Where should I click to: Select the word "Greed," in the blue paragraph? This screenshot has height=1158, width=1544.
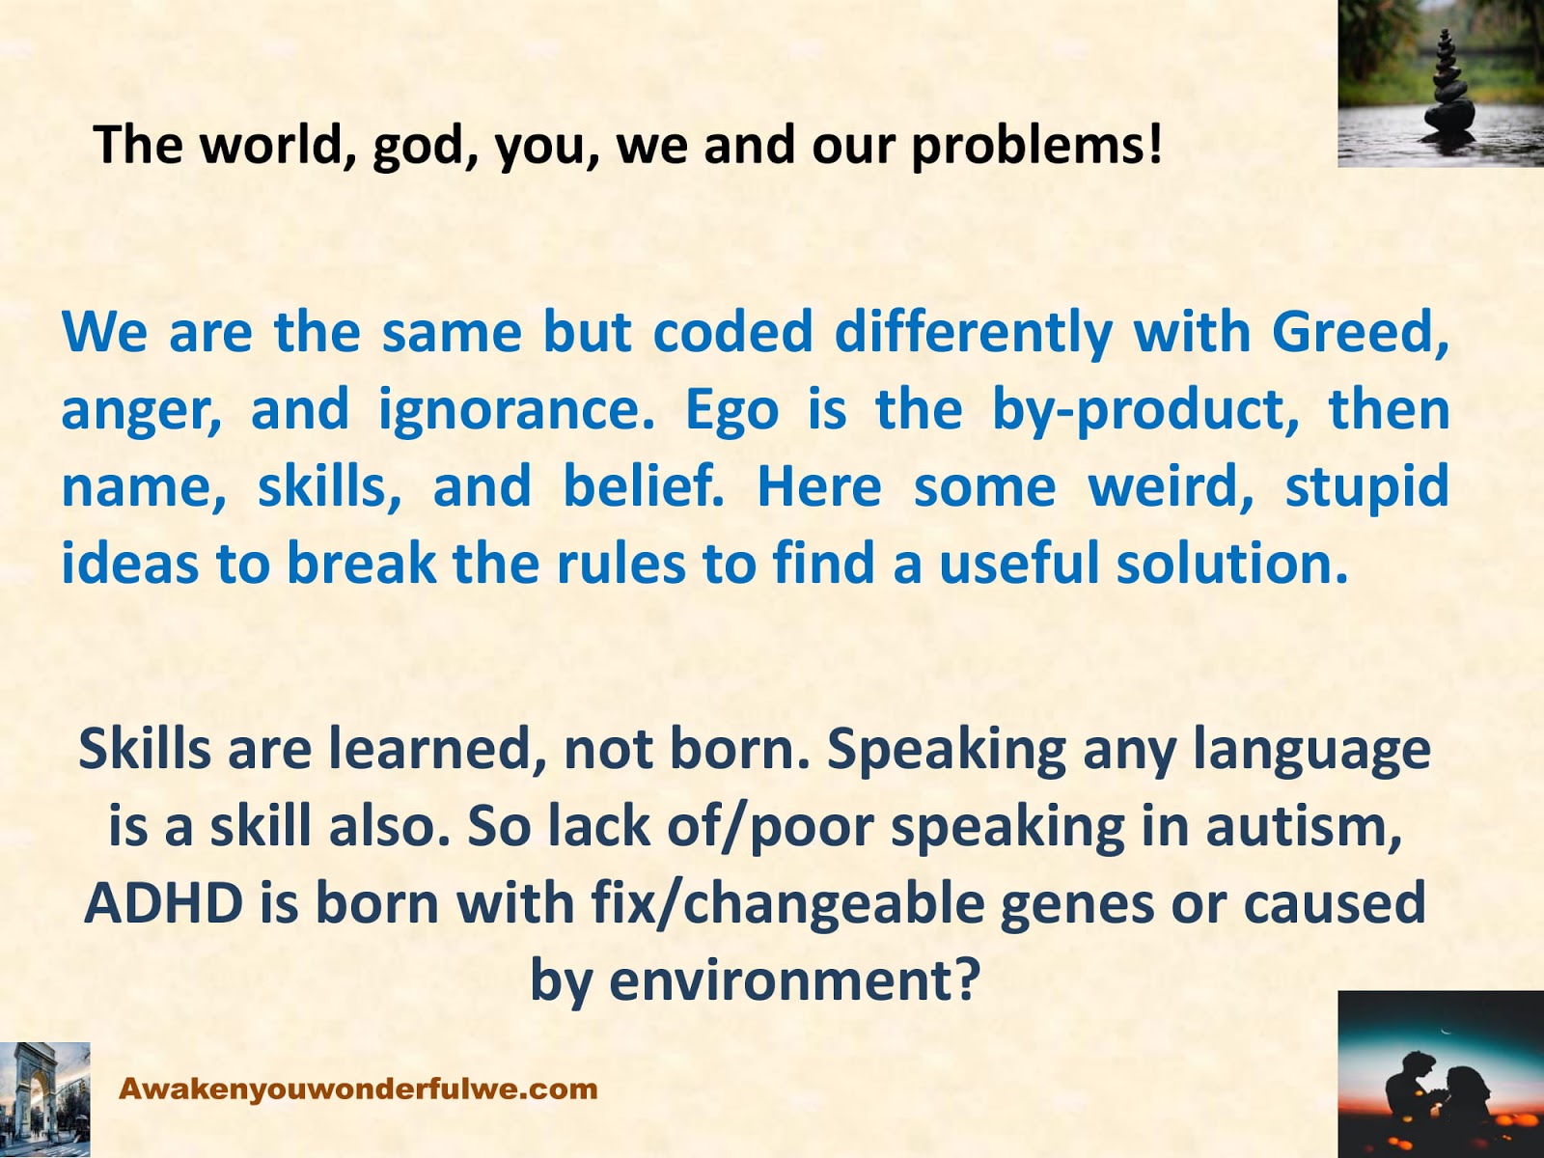pyautogui.click(x=1361, y=332)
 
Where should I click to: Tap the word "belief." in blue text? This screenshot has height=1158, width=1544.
pyautogui.click(x=644, y=486)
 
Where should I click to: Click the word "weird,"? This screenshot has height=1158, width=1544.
pyautogui.click(x=1171, y=486)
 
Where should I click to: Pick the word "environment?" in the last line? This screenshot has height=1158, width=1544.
pyautogui.click(x=794, y=981)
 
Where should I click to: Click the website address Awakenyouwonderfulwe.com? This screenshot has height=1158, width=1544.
pyautogui.click(x=358, y=1089)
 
